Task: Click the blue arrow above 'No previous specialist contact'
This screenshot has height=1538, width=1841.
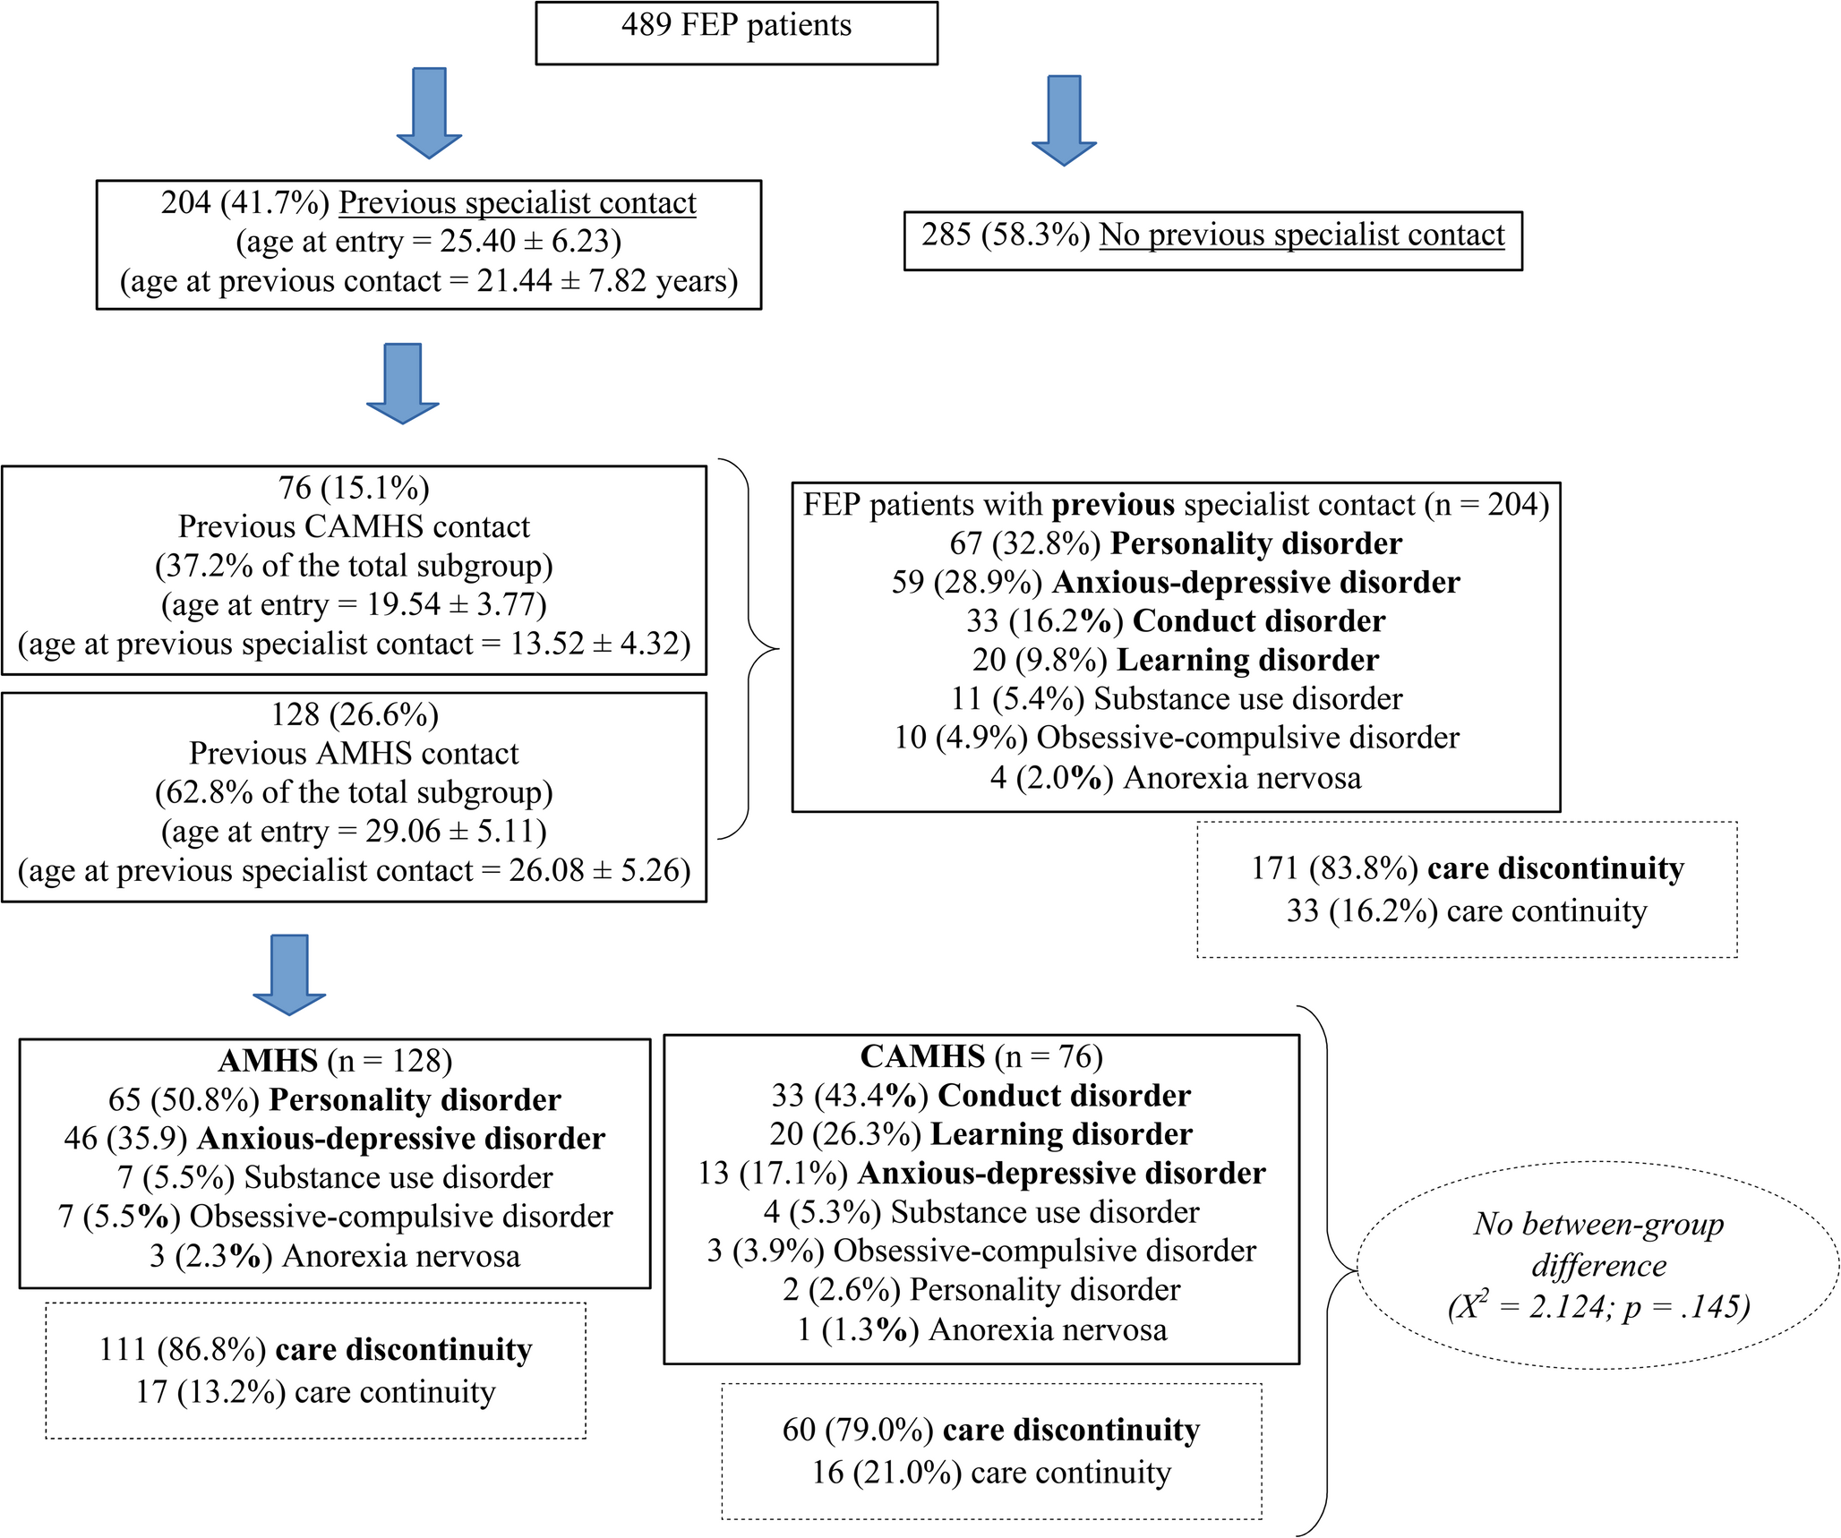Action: tap(1064, 121)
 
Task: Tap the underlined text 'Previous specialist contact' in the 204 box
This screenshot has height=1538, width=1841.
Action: tap(517, 203)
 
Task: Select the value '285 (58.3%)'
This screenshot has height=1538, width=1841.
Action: tap(1005, 235)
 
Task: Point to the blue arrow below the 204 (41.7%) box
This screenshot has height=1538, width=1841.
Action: tap(402, 383)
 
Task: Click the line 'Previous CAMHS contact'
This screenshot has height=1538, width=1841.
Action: tap(354, 526)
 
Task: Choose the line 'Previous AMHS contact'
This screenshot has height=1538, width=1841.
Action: tap(354, 754)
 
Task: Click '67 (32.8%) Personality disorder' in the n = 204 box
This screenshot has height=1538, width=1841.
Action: tap(1175, 543)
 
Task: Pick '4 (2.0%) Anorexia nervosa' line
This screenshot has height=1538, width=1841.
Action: tap(1175, 777)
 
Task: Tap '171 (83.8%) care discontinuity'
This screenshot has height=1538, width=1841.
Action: tap(1467, 868)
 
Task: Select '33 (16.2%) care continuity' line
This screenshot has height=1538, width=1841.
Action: tap(1467, 911)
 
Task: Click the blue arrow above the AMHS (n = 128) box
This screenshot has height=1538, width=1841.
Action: tap(289, 975)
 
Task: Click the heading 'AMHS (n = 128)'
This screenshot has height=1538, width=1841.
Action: tap(335, 1061)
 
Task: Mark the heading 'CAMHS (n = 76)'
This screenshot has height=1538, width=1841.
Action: tap(981, 1057)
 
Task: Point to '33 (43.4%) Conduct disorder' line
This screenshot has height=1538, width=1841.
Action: tap(981, 1096)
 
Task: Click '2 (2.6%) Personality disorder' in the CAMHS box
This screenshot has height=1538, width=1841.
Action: tap(981, 1290)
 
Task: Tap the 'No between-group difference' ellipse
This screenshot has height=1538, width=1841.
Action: tap(1598, 1265)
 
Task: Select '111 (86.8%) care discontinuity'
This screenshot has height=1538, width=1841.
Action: tap(315, 1349)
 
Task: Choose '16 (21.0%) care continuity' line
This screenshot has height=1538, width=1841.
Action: tap(991, 1473)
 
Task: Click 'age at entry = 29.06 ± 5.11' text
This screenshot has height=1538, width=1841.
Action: tap(354, 832)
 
